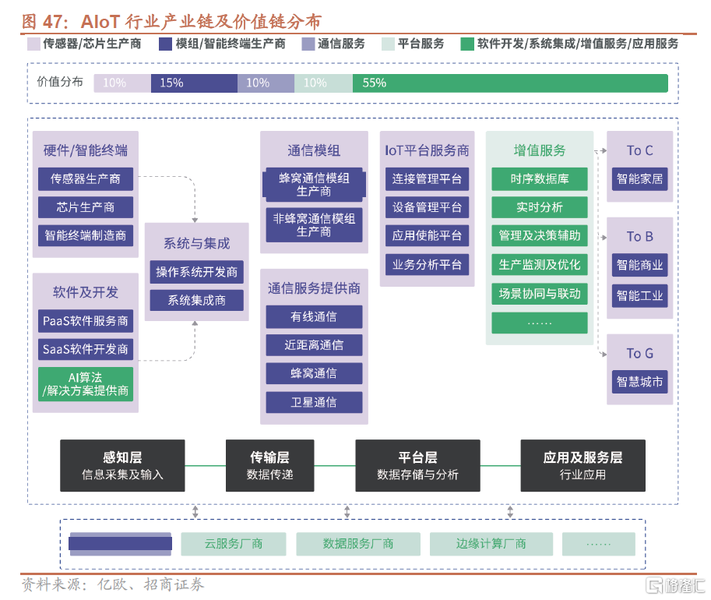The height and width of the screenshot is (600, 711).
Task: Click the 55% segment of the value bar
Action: [510, 83]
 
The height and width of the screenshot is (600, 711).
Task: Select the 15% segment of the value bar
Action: [194, 83]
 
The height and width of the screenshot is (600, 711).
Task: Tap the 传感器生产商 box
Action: [86, 179]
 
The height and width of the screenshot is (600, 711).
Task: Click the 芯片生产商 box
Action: [86, 207]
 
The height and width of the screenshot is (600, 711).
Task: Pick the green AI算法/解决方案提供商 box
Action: [86, 384]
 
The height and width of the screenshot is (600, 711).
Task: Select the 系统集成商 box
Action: [196, 300]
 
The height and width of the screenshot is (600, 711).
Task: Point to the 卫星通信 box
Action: [314, 402]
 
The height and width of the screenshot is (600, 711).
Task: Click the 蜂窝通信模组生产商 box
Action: [314, 185]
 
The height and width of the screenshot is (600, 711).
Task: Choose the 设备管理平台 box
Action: [427, 207]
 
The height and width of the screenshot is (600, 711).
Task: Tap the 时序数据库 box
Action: [539, 179]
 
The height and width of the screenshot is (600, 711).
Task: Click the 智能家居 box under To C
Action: [639, 179]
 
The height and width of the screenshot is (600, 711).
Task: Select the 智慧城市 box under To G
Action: [639, 382]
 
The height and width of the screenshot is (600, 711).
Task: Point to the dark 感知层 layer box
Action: [122, 465]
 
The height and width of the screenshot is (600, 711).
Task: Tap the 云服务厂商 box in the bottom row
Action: [234, 544]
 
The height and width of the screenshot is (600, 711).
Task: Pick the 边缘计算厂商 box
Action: [491, 544]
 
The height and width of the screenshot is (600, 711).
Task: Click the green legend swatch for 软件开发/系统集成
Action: [467, 44]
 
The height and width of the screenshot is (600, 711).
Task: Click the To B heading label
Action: [639, 236]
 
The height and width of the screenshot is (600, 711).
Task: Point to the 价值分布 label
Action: [60, 83]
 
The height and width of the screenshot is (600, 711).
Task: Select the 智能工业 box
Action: [639, 295]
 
